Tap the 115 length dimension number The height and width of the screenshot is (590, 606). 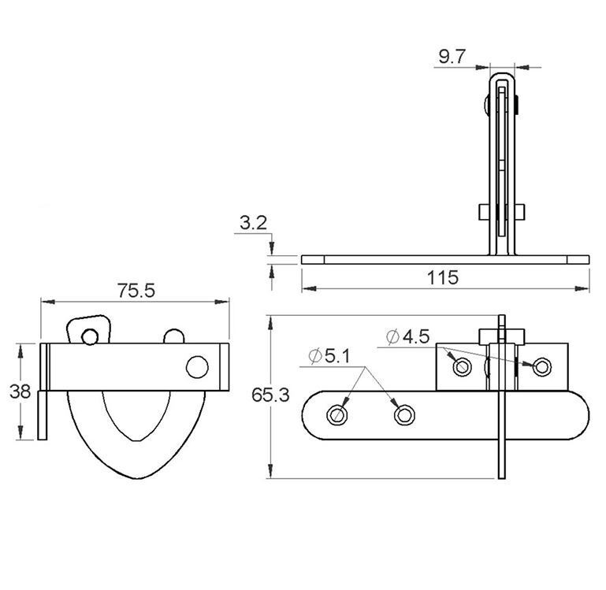[x=443, y=277]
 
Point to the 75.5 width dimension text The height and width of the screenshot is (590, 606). [x=136, y=290]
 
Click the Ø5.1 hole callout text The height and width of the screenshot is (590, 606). [x=329, y=357]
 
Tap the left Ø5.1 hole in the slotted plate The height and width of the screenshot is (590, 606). [x=340, y=414]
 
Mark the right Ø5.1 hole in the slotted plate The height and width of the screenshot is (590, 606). [x=404, y=414]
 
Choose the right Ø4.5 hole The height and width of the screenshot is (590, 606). [x=541, y=366]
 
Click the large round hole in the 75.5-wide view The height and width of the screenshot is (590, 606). [x=197, y=366]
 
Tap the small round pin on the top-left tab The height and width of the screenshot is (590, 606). [x=91, y=336]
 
